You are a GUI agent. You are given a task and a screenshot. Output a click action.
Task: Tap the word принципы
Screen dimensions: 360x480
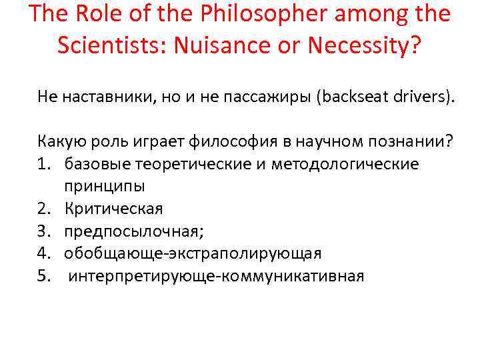tap(105, 186)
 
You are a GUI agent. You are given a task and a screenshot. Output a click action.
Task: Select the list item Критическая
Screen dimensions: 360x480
tap(113, 209)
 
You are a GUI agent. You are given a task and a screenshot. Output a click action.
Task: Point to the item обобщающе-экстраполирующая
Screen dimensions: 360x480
tap(193, 253)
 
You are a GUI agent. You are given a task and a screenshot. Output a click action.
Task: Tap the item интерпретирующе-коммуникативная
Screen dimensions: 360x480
tap(216, 276)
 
